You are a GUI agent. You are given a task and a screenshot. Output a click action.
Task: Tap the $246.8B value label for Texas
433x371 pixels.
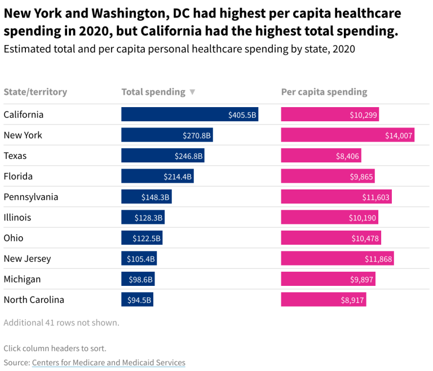tap(189, 156)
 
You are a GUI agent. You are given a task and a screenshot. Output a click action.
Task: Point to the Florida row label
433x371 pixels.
tap(18, 176)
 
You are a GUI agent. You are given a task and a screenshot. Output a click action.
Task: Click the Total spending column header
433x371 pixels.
tap(153, 92)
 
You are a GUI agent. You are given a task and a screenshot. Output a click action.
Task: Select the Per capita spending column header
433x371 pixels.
tap(324, 92)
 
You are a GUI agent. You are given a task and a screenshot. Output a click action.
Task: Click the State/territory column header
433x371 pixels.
tap(36, 92)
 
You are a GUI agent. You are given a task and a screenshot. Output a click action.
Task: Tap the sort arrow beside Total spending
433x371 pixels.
tap(192, 92)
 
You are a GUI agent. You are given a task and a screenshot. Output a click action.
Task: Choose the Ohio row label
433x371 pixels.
tap(14, 238)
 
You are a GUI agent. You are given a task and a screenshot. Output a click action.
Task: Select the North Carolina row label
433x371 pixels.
tap(34, 300)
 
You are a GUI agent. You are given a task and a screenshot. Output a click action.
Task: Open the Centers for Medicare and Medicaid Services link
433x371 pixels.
tap(109, 363)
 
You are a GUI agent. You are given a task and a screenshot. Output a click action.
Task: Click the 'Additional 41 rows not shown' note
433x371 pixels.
tap(61, 323)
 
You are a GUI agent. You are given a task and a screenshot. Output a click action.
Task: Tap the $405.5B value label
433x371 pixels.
tap(242, 115)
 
